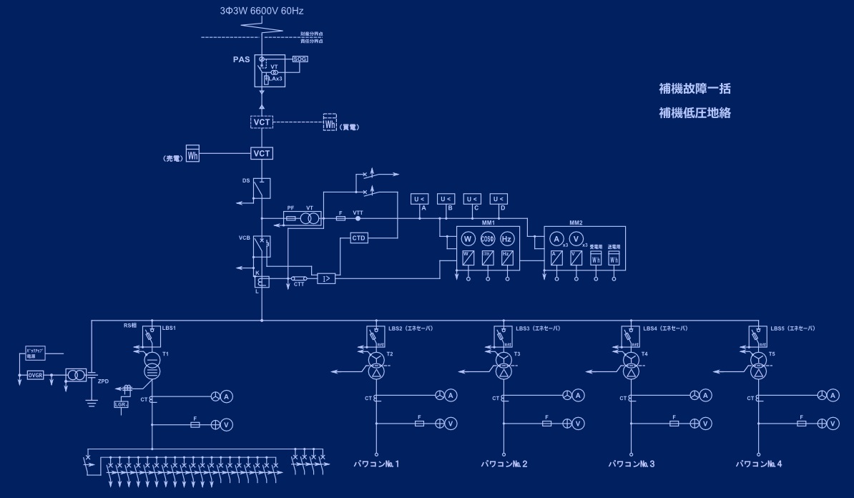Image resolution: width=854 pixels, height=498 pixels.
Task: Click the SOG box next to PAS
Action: [x=300, y=59]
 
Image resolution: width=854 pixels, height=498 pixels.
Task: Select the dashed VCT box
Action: [x=262, y=122]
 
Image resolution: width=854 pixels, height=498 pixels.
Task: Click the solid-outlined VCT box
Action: [x=262, y=153]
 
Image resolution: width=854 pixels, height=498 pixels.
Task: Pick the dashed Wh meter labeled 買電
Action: [x=330, y=122]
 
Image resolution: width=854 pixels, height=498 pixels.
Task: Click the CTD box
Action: [x=359, y=238]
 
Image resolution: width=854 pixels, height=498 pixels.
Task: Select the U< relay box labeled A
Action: [x=419, y=199]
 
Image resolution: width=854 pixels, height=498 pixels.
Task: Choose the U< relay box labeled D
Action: [x=499, y=199]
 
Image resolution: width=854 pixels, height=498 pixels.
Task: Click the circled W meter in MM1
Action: [x=468, y=239]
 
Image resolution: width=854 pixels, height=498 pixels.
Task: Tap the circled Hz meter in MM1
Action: [x=507, y=239]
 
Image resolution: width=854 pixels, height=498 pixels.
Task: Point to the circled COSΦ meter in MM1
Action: [x=488, y=239]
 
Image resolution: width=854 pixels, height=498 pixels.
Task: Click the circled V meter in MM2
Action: [x=576, y=239]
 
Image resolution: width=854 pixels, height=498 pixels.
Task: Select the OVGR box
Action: [x=35, y=375]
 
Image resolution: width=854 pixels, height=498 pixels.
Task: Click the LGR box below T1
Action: [x=121, y=404]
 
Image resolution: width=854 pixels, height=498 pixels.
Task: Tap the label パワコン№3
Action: [x=632, y=464]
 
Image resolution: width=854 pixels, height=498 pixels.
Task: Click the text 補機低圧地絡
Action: [x=695, y=113]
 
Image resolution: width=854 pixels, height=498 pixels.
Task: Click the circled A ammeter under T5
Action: [x=833, y=395]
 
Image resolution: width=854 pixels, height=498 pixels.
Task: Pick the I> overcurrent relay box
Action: [x=326, y=278]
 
